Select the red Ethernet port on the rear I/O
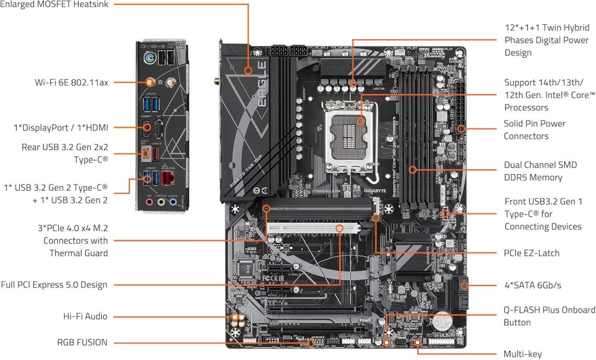tap(170, 179)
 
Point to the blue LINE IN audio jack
tap(173, 202)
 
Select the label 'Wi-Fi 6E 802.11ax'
tap(72, 82)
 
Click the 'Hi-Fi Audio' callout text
tap(85, 316)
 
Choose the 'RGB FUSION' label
tap(83, 342)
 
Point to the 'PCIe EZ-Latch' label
tap(532, 253)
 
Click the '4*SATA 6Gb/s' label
tap(533, 285)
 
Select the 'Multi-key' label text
tap(523, 354)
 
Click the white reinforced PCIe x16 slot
tap(313, 227)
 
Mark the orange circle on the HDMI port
tap(147, 127)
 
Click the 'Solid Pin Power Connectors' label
tap(535, 130)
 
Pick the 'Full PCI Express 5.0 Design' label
tap(54, 285)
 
